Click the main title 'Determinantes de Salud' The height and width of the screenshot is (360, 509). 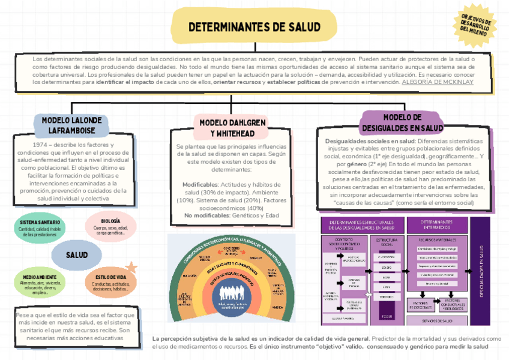[254, 27]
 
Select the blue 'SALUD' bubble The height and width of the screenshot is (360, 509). [76, 255]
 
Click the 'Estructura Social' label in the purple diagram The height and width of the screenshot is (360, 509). [386, 242]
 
